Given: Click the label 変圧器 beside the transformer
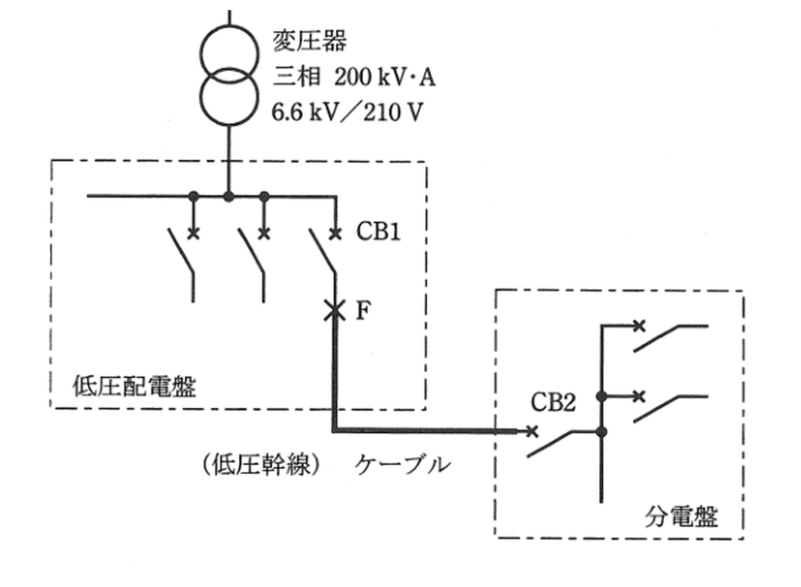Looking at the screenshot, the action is [310, 41].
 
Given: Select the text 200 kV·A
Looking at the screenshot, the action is [385, 77].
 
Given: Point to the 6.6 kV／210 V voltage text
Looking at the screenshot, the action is [347, 112].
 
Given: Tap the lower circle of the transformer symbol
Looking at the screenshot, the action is [229, 96].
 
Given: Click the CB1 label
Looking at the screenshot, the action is [378, 231].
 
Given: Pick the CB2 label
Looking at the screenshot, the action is [553, 402].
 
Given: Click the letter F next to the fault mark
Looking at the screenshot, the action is [363, 311].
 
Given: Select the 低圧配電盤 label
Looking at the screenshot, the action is [135, 386].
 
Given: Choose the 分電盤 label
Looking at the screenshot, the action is [681, 516].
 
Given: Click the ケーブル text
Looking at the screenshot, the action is [403, 464].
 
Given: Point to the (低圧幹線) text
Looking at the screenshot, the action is [262, 464].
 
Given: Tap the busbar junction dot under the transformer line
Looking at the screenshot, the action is [228, 196].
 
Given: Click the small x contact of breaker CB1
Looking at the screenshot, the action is [335, 233].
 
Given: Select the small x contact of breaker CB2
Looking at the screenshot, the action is [531, 431].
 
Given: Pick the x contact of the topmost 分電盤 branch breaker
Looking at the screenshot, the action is [639, 325].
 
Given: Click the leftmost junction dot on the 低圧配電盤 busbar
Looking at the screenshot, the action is [193, 196].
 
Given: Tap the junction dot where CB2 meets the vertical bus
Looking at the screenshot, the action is [601, 431].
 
